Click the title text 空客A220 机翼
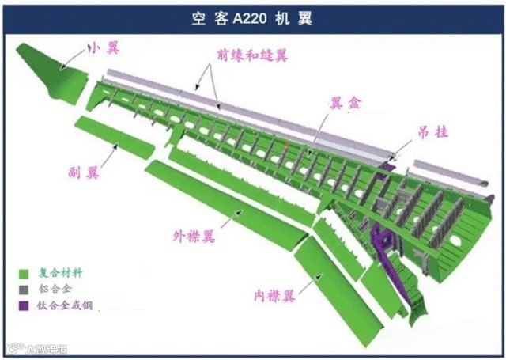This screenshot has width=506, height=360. coord(252,17)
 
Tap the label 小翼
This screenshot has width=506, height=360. coord(104,49)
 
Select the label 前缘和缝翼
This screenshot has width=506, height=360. coord(251,55)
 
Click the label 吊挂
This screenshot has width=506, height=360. coord(433,132)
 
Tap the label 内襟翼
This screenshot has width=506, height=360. coord(274,296)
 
